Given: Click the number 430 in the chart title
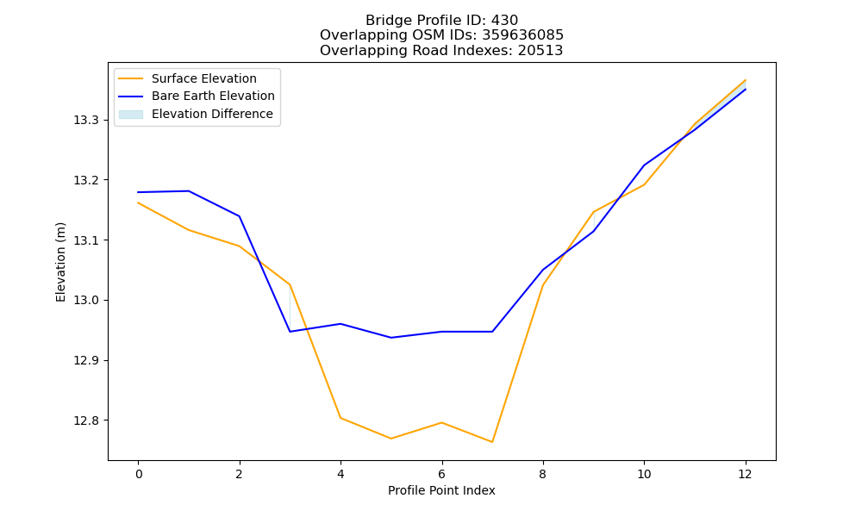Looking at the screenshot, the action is pos(504,21).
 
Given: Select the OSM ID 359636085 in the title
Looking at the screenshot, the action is pos(523,35).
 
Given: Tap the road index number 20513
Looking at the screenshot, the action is pos(540,51).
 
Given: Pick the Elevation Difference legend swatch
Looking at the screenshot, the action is pos(131,115).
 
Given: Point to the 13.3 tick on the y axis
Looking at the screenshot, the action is pos(86,121).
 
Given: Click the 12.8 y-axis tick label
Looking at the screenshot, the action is pos(86,420).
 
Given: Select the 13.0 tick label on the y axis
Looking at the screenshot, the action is pos(86,301).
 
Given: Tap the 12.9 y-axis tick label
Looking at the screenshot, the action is pos(86,361).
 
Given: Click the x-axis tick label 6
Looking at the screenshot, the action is pos(441,474).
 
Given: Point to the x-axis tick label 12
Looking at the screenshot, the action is pos(745,474).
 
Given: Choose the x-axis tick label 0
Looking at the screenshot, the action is pos(139,474).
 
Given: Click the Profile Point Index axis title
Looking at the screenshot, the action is pos(441,490).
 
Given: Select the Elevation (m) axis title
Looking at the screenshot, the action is pos(60,262).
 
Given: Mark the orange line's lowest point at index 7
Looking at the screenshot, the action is pos(492,442).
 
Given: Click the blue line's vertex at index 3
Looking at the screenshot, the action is pos(290,332).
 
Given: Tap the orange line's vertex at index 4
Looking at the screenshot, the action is pos(340,418).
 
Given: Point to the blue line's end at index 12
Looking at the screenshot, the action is pos(746,89).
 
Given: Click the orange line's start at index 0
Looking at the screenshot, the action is pos(138,202).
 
